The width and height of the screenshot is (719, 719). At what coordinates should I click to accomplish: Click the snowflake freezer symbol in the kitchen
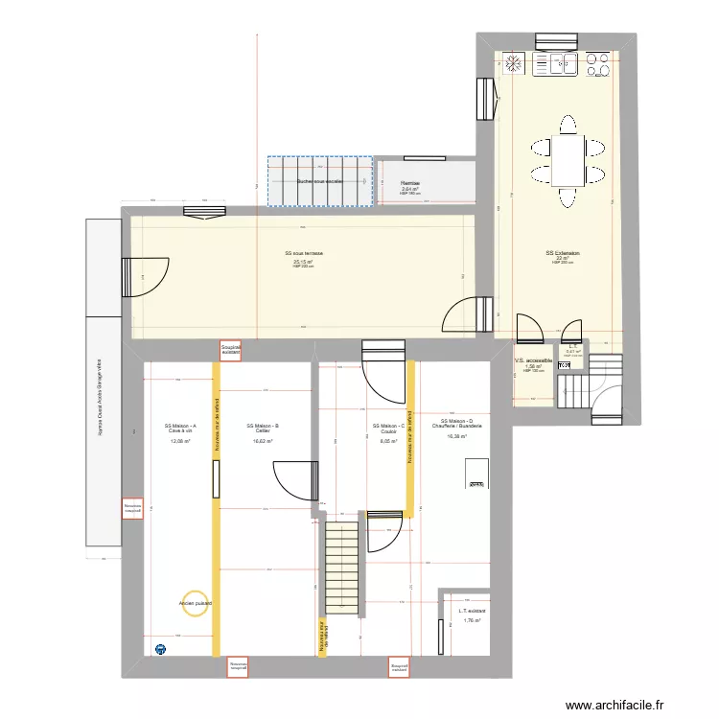(x=513, y=63)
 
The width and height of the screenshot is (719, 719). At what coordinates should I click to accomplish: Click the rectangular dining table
(x=568, y=160)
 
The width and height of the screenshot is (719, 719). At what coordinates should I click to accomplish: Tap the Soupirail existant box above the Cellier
(x=230, y=350)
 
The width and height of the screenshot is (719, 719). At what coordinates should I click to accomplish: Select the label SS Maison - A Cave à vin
(x=180, y=429)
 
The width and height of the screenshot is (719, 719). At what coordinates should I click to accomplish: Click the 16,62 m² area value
(x=262, y=441)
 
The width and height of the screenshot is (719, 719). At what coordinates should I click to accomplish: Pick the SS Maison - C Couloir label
(x=388, y=429)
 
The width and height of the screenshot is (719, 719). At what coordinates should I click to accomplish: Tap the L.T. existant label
(x=472, y=611)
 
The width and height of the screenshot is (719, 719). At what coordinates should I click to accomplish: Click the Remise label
(x=410, y=182)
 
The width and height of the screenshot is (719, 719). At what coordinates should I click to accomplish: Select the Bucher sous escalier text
(x=319, y=181)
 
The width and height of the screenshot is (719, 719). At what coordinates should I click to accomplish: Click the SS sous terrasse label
(x=303, y=254)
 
